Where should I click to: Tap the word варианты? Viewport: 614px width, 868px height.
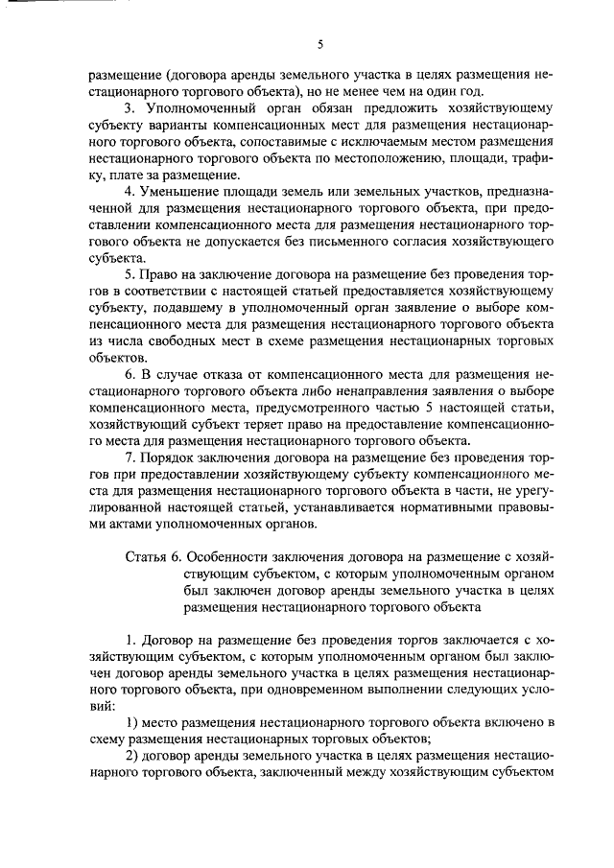click(179, 125)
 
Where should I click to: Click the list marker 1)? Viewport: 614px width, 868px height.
click(131, 720)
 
